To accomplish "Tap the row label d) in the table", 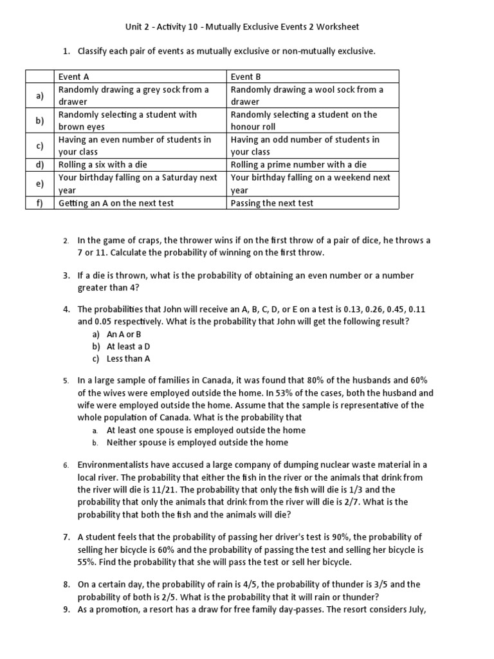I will [40, 165].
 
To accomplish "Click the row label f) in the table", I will [40, 203].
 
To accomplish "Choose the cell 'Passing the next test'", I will [272, 203].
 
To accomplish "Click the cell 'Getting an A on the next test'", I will [116, 203].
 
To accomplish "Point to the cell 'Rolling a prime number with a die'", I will [298, 165].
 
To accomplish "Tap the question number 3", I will [66, 275].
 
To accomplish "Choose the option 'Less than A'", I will [129, 359].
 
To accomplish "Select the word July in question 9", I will [416, 609].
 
